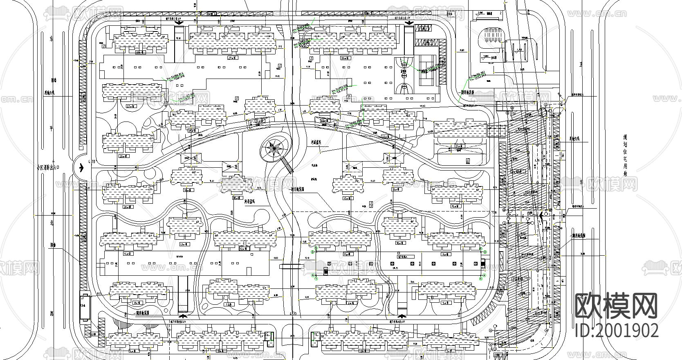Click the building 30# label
pyautogui.click(x=139, y=53)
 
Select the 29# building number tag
pyautogui.click(x=233, y=58)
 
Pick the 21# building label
pyautogui.click(x=459, y=146)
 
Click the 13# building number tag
pyautogui.click(x=184, y=243)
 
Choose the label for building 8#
pyautogui.click(x=137, y=302)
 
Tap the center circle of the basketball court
pyautogui.click(x=404, y=75)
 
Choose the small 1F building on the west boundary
pyautogui.click(x=85, y=306)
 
